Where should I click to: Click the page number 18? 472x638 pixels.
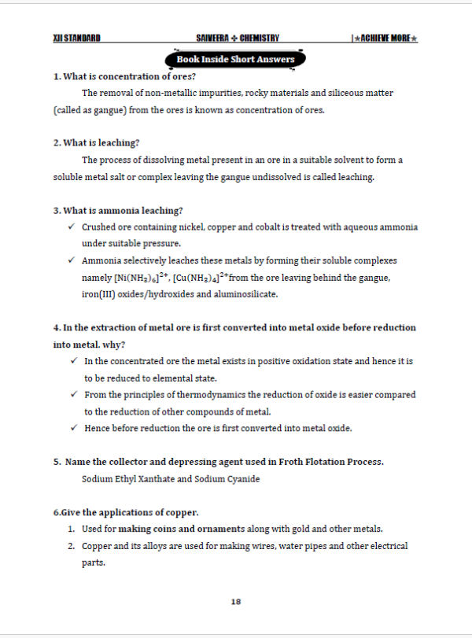(x=236, y=602)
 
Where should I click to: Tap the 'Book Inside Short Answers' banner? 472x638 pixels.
(x=235, y=59)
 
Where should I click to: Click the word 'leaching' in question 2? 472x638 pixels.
(x=120, y=142)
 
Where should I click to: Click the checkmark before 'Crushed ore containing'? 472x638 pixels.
(x=71, y=227)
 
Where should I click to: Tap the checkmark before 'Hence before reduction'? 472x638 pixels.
(x=72, y=428)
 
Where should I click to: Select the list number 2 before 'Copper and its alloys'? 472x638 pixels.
(x=71, y=545)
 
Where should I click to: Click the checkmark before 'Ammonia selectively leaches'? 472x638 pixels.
(x=71, y=260)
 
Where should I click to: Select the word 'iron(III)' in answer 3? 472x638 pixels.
(x=98, y=294)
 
